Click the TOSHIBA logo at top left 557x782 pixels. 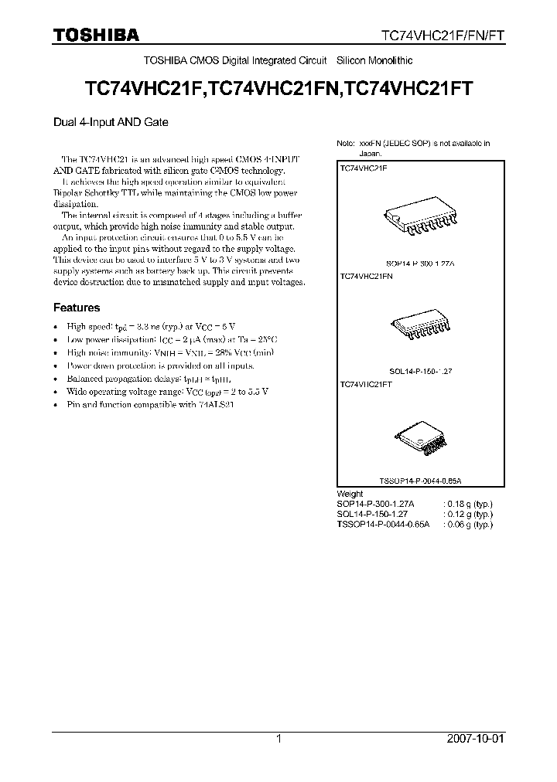(x=96, y=35)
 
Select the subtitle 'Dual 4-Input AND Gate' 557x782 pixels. (x=111, y=122)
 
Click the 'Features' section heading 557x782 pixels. (x=76, y=308)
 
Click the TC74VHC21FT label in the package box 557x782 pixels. (x=366, y=383)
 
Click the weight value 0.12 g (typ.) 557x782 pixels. (x=467, y=514)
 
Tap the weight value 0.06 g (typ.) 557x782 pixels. (x=467, y=524)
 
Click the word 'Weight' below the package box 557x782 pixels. (x=350, y=493)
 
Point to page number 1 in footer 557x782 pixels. (x=278, y=739)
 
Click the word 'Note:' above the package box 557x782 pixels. (x=346, y=144)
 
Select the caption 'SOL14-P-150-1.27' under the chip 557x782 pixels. (x=422, y=371)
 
